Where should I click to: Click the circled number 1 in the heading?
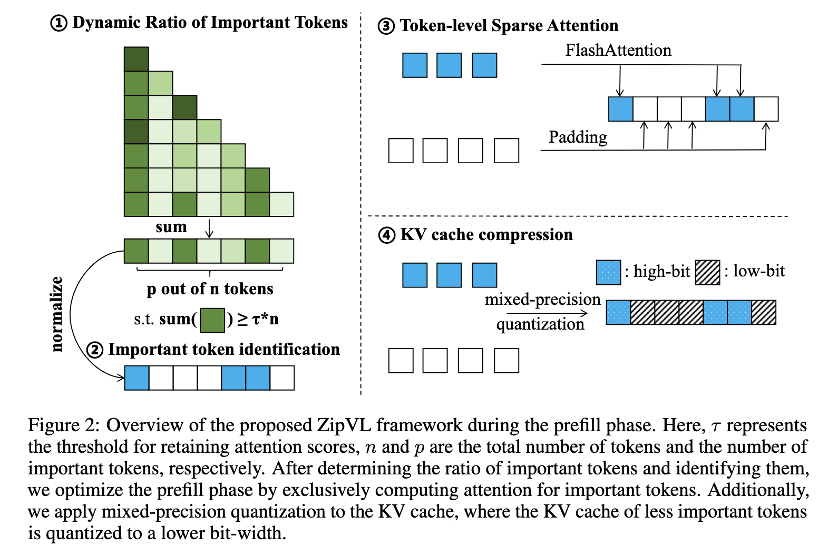(59, 23)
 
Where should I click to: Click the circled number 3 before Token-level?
(386, 26)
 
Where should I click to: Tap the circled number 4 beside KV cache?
(387, 235)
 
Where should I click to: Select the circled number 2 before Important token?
(95, 350)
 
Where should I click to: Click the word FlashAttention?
(618, 50)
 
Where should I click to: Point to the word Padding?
(578, 137)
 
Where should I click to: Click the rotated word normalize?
(56, 314)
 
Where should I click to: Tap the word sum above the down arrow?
(171, 227)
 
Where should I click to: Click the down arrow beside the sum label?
(209, 229)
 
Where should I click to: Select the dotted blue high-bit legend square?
(609, 272)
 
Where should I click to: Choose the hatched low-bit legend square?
(707, 272)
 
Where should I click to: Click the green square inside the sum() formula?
(212, 320)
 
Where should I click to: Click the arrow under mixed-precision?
(547, 313)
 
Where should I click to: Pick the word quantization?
(540, 324)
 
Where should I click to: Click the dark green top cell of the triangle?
(136, 59)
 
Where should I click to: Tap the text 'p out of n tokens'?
(210, 289)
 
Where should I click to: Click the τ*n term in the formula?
(265, 319)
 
